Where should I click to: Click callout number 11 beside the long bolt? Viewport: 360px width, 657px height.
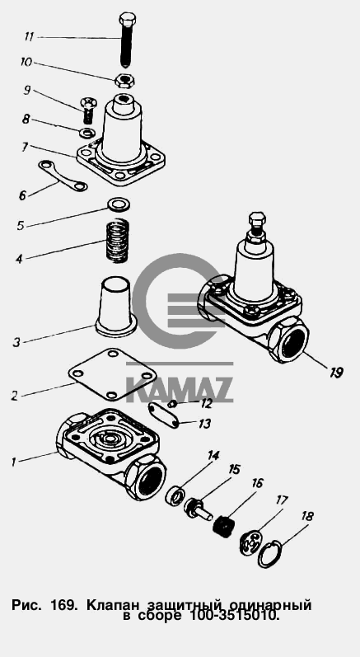pos(29,36)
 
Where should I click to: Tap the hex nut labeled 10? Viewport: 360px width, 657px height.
pos(124,79)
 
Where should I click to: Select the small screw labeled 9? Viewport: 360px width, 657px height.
pos(87,110)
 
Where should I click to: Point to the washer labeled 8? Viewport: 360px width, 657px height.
pos(87,133)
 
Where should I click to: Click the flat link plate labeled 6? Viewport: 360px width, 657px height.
pos(63,176)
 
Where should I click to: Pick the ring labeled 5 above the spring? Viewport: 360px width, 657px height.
pos(119,204)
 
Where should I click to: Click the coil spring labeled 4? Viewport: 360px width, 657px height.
pos(117,241)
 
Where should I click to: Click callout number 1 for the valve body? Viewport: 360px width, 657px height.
pos(13,462)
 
